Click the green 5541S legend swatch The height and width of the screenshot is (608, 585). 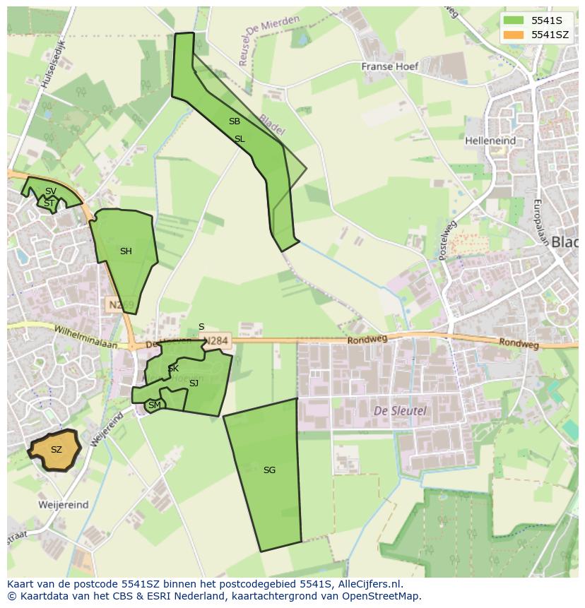513,20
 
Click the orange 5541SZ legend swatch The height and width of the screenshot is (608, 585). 513,35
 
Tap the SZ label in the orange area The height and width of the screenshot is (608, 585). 57,450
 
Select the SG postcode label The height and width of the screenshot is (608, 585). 269,470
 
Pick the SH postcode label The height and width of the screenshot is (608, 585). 126,251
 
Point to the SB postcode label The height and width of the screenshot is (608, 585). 235,121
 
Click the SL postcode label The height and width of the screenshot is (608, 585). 240,139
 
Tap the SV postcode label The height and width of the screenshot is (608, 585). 51,191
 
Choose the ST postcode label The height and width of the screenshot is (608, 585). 49,203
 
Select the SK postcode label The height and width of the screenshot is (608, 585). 173,369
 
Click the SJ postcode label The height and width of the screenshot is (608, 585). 194,383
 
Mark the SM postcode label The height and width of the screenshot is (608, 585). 154,405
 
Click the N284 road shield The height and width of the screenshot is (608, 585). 216,341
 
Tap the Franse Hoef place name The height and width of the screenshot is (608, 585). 390,66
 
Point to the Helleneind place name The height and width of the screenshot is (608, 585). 490,141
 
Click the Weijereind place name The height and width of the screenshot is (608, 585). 64,505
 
